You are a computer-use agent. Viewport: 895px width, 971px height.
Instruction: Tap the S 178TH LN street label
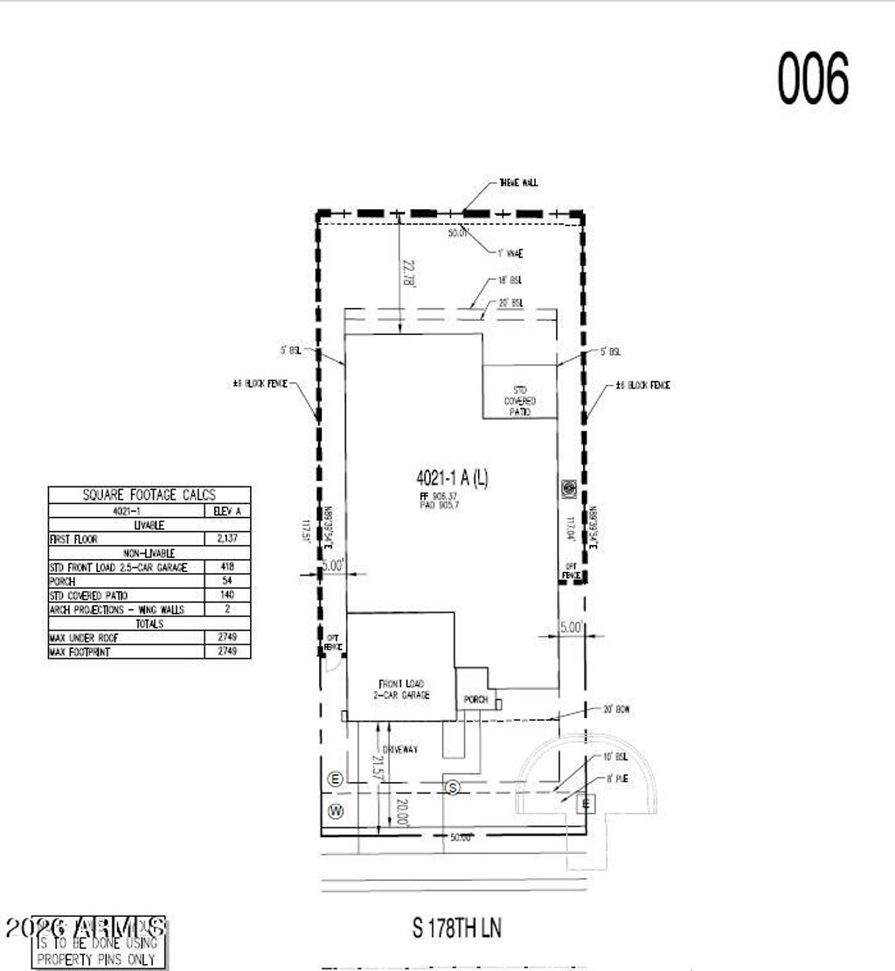[457, 928]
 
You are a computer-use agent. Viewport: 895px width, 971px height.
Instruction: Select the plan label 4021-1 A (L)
[452, 478]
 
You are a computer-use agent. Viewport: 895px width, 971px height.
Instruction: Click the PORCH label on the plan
[475, 700]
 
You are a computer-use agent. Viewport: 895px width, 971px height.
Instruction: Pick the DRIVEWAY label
[400, 750]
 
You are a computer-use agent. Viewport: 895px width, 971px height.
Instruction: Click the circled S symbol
[452, 788]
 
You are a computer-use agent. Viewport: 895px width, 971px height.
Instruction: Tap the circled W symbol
[335, 812]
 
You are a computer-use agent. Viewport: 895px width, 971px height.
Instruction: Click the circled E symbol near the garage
[334, 779]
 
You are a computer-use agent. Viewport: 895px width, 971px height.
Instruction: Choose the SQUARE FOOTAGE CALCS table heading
[149, 495]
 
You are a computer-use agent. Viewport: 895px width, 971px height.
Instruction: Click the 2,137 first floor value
[226, 540]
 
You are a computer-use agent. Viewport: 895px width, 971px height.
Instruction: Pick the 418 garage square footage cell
[226, 568]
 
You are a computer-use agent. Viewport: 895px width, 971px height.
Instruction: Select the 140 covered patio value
[226, 596]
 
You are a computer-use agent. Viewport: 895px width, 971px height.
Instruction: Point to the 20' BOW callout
[616, 709]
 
